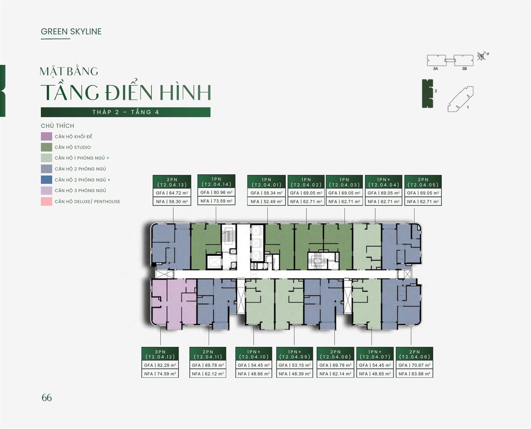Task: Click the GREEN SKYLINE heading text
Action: click(x=71, y=32)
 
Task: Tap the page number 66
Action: click(x=47, y=398)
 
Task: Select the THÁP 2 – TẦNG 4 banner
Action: click(x=126, y=112)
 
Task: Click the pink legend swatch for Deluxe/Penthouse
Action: click(x=47, y=202)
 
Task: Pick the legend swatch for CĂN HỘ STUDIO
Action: click(x=47, y=147)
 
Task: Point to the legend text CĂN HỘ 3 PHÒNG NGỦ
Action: click(x=80, y=191)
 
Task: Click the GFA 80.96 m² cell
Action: click(x=216, y=192)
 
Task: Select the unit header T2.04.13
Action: click(x=172, y=182)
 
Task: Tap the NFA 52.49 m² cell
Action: click(x=266, y=202)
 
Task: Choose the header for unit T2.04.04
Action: click(x=384, y=182)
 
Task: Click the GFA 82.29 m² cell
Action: click(x=160, y=365)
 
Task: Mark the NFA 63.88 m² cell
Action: click(x=414, y=374)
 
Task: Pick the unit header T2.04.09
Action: click(x=295, y=354)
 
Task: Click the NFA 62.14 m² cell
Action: click(x=335, y=374)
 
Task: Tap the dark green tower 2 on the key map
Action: click(x=427, y=93)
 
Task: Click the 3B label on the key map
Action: click(x=464, y=68)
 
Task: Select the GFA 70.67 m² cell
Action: click(x=414, y=365)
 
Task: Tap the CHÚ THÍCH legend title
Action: click(x=57, y=126)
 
